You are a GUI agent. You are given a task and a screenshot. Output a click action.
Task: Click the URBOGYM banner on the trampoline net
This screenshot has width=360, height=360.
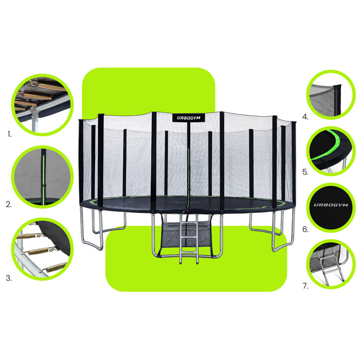point(189,118)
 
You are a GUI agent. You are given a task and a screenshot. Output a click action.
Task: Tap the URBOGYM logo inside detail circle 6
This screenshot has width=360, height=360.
point(331,205)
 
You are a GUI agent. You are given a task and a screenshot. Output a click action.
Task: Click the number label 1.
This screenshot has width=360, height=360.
point(9,134)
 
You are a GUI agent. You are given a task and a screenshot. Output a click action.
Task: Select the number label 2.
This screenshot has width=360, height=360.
point(9,204)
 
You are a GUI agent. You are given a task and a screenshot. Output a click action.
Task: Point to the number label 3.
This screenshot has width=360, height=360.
point(9,278)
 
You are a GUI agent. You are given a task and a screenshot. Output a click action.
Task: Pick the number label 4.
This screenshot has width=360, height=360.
point(305,117)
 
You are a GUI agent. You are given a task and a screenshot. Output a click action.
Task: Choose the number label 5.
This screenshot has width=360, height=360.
point(305,172)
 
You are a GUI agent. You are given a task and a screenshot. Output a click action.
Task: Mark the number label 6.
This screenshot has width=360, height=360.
point(305,229)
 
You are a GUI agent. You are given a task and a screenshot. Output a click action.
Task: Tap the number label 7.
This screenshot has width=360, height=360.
point(305,286)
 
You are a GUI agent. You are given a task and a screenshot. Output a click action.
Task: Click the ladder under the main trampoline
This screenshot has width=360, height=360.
point(189,239)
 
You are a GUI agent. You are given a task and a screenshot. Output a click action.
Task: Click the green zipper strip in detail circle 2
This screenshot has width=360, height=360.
point(43,177)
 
